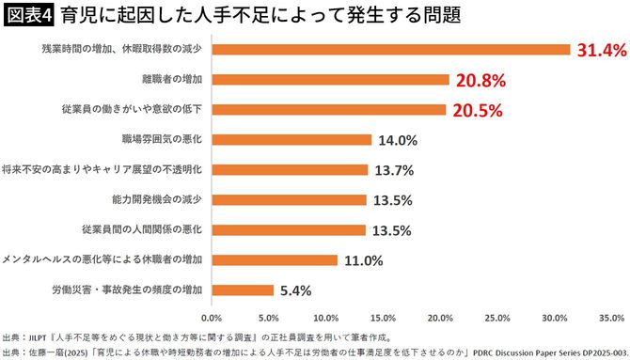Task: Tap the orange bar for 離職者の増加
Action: pos(331,79)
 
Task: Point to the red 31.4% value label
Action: pos(601,50)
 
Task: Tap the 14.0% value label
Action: pos(397,140)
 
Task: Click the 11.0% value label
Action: pos(362,260)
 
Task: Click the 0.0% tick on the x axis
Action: pos(212,318)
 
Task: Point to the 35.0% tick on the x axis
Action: pos(610,318)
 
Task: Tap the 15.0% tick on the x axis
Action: pos(383,318)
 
